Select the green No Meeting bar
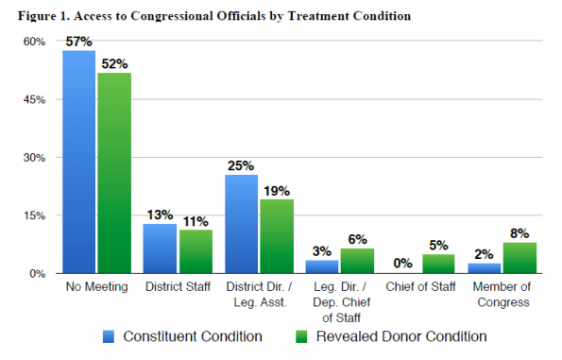113,173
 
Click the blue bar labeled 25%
242,224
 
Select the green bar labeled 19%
276,236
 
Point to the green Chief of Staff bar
438,264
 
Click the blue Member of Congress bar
485,268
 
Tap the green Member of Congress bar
519,258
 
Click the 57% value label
79,42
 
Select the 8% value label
520,233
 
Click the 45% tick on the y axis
34,100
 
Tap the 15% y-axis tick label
34,215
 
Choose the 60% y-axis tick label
34,42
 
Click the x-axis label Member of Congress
502,294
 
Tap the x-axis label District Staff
177,287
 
